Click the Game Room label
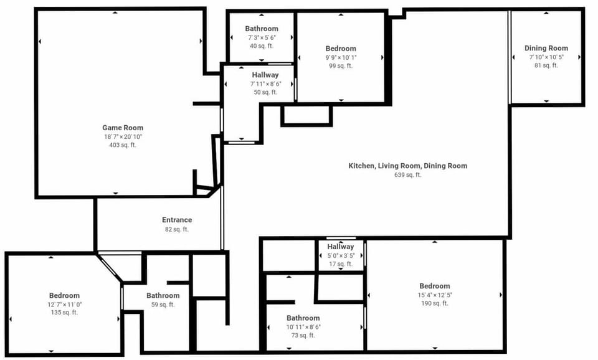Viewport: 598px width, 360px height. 123,128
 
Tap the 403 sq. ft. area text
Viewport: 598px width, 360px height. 123,145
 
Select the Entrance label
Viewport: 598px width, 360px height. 177,220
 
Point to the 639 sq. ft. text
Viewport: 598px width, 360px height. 407,174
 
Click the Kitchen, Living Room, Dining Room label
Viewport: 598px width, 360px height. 407,166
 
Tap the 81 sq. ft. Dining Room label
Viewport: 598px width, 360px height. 546,48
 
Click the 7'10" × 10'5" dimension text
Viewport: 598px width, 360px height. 546,57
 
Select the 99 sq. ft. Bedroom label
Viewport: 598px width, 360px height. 341,49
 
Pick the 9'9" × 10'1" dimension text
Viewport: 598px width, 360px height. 341,57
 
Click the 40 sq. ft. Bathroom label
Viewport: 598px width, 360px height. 262,29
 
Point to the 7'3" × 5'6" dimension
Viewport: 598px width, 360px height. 262,37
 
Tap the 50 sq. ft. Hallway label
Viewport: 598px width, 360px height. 265,75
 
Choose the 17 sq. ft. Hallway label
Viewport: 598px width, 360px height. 341,247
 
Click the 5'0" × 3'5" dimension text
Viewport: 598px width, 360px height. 341,255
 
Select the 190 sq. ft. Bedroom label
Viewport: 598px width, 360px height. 435,286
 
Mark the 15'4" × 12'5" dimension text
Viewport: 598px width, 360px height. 435,295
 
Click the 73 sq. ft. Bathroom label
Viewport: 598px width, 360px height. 303,318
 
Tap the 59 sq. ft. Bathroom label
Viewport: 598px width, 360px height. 163,296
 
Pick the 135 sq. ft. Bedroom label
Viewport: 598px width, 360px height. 64,296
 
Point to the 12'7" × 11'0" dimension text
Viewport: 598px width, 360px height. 64,305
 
